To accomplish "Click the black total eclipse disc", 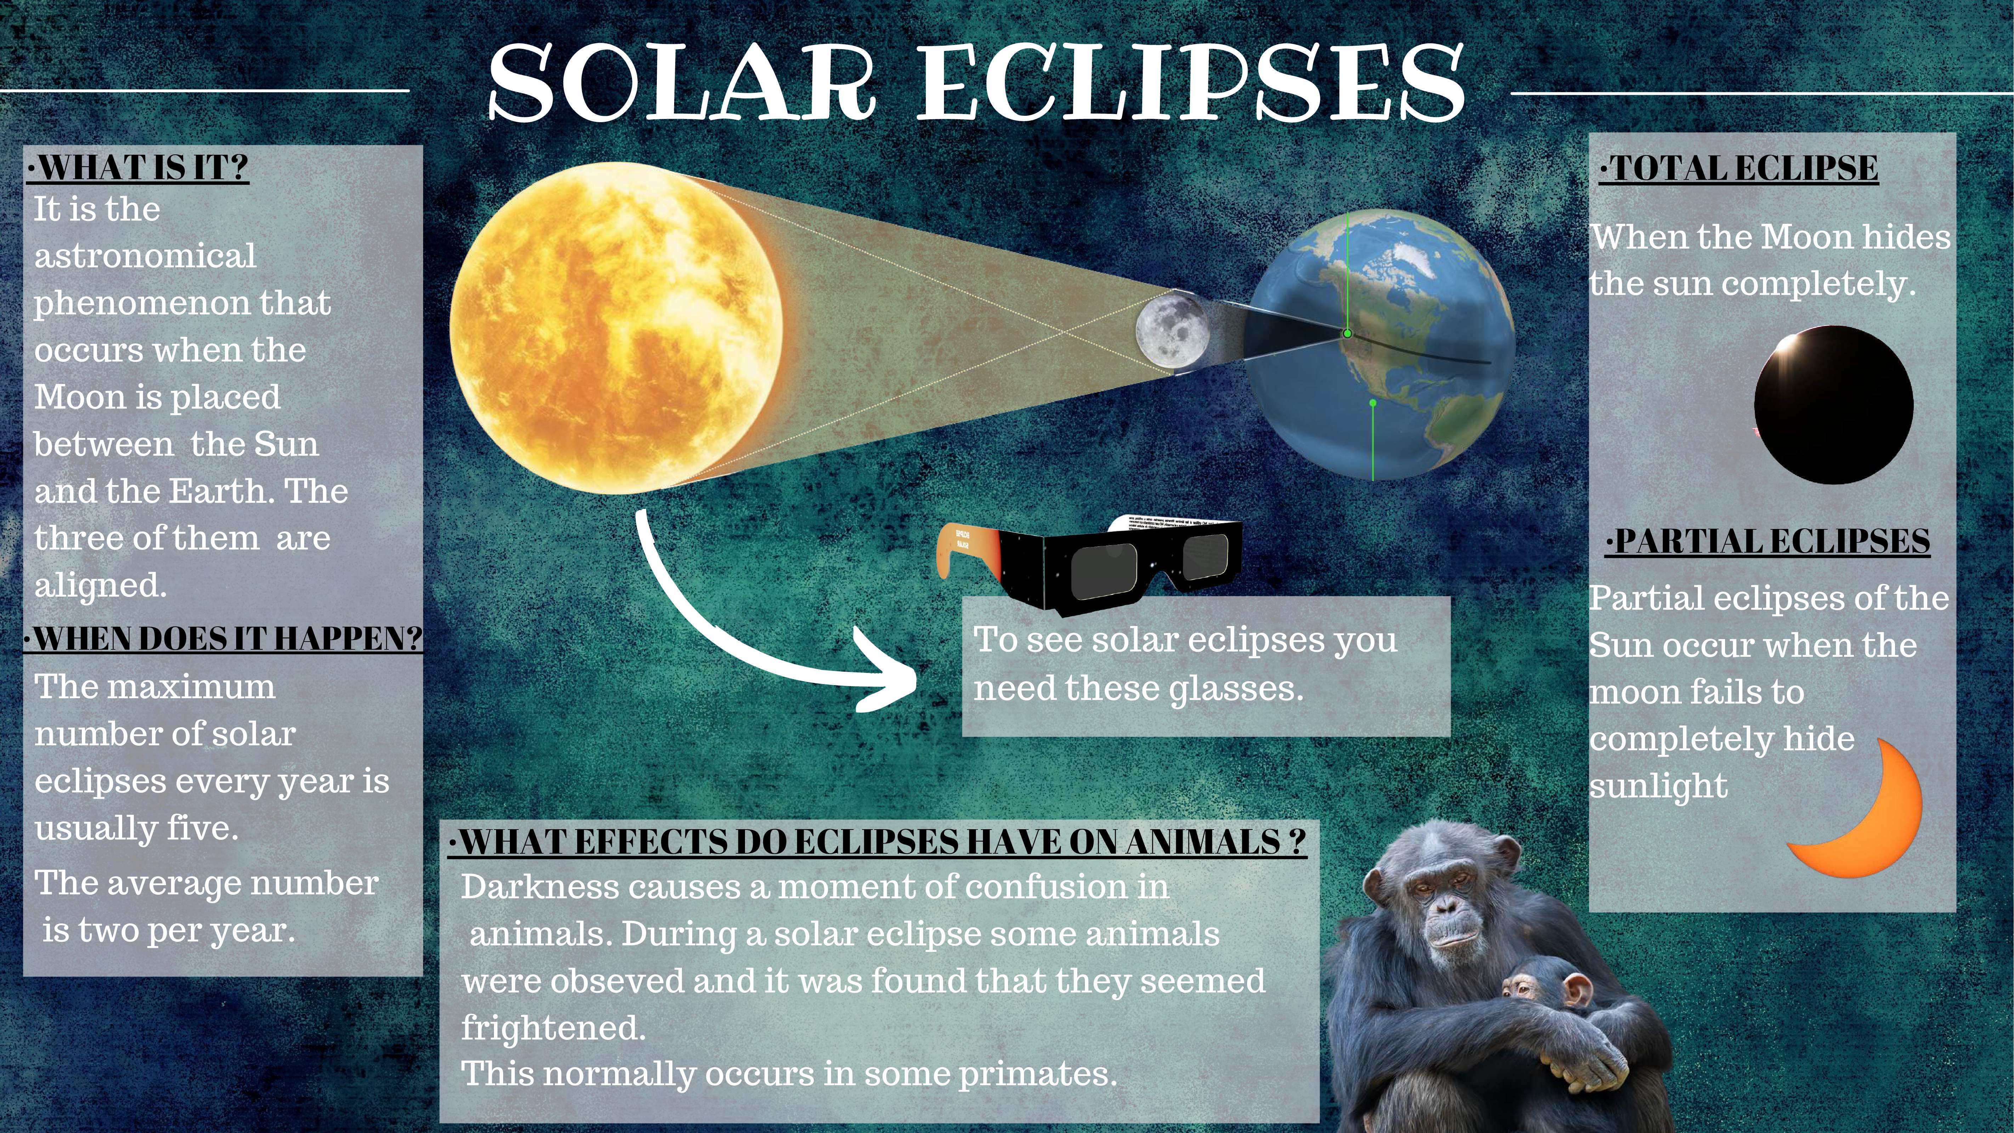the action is pos(1833,405).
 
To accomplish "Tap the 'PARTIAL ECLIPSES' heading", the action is pos(1768,541).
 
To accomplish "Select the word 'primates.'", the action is pos(1038,1074).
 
